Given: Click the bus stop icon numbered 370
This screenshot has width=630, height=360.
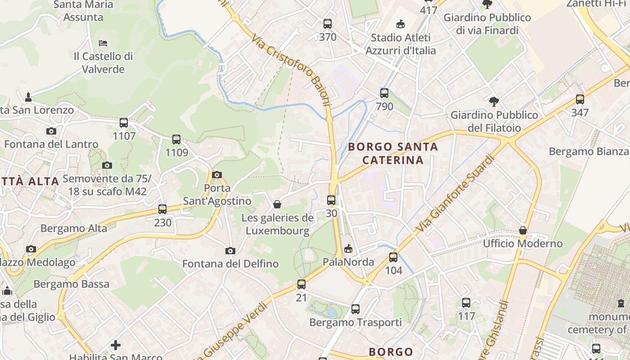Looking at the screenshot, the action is (x=328, y=24).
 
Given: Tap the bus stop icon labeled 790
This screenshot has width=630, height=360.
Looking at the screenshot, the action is (x=384, y=93).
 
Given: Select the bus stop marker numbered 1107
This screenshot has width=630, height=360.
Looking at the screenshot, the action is (x=124, y=122).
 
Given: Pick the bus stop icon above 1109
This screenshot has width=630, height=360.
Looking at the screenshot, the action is (x=176, y=139).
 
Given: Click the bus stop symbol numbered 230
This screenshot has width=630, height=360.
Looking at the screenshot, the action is (x=162, y=209).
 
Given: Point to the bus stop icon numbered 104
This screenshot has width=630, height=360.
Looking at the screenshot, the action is (x=393, y=257).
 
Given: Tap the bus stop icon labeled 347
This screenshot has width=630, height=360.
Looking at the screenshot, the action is (x=580, y=99).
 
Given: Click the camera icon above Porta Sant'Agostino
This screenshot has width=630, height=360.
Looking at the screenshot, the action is (x=217, y=175).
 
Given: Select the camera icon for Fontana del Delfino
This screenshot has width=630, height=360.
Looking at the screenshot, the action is (x=230, y=251).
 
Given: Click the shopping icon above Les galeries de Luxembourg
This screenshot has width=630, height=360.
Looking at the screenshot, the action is (x=277, y=205).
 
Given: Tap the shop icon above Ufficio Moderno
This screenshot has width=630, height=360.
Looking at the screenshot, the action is (x=522, y=230).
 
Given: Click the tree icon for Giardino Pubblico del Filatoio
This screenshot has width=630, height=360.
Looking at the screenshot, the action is (x=494, y=102).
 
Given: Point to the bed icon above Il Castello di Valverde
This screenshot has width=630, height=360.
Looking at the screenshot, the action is (x=103, y=43).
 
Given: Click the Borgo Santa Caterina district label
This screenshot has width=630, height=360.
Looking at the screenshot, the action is (x=393, y=153).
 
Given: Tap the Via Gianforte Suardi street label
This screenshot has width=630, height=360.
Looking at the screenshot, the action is (x=455, y=193).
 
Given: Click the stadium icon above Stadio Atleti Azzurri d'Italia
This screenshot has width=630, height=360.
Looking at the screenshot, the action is (x=400, y=24).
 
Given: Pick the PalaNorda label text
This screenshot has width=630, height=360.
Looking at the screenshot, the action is (x=348, y=262).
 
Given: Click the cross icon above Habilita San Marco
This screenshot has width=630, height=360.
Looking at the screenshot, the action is (x=116, y=345).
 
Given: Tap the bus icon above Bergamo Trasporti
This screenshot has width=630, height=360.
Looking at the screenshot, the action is (x=355, y=309).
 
